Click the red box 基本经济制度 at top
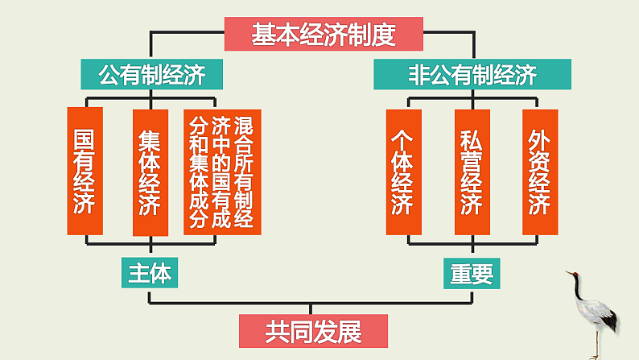coord(324,35)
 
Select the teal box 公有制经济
coord(151,76)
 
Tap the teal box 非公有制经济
coord(472,76)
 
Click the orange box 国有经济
coord(85,171)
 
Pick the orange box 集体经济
coord(150,171)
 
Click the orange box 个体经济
coord(403,171)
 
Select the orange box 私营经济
coord(472,171)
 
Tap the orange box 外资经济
coord(540,171)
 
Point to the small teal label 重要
coord(472,273)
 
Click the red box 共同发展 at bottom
coord(314,330)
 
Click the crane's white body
coord(600,317)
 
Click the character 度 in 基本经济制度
coord(385,35)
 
